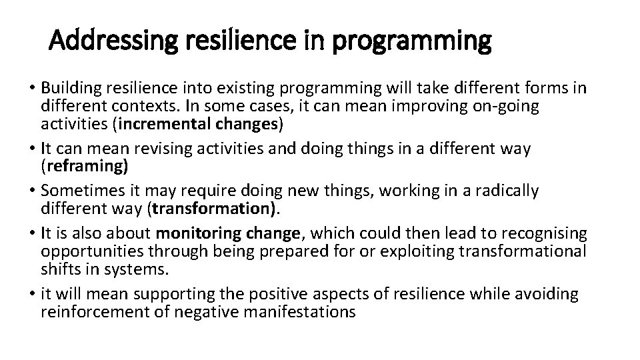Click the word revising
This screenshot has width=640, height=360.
click(170, 148)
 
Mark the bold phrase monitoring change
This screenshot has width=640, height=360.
click(228, 233)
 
